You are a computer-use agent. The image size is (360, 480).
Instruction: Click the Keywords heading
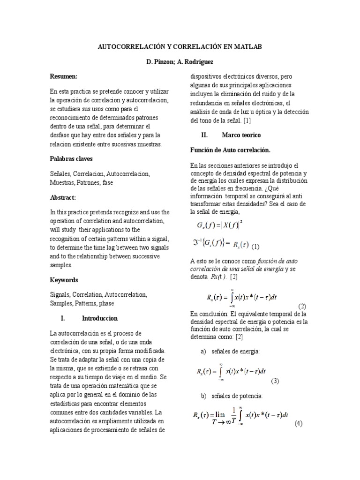coord(64,280)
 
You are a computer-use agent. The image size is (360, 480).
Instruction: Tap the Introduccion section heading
coord(103,318)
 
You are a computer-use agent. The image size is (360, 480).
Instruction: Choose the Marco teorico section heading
coord(241,135)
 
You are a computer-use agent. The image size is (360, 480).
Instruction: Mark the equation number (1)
coord(255,247)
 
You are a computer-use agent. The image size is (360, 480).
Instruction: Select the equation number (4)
coord(299,424)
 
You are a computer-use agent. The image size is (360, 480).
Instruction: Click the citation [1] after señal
coord(247,120)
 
